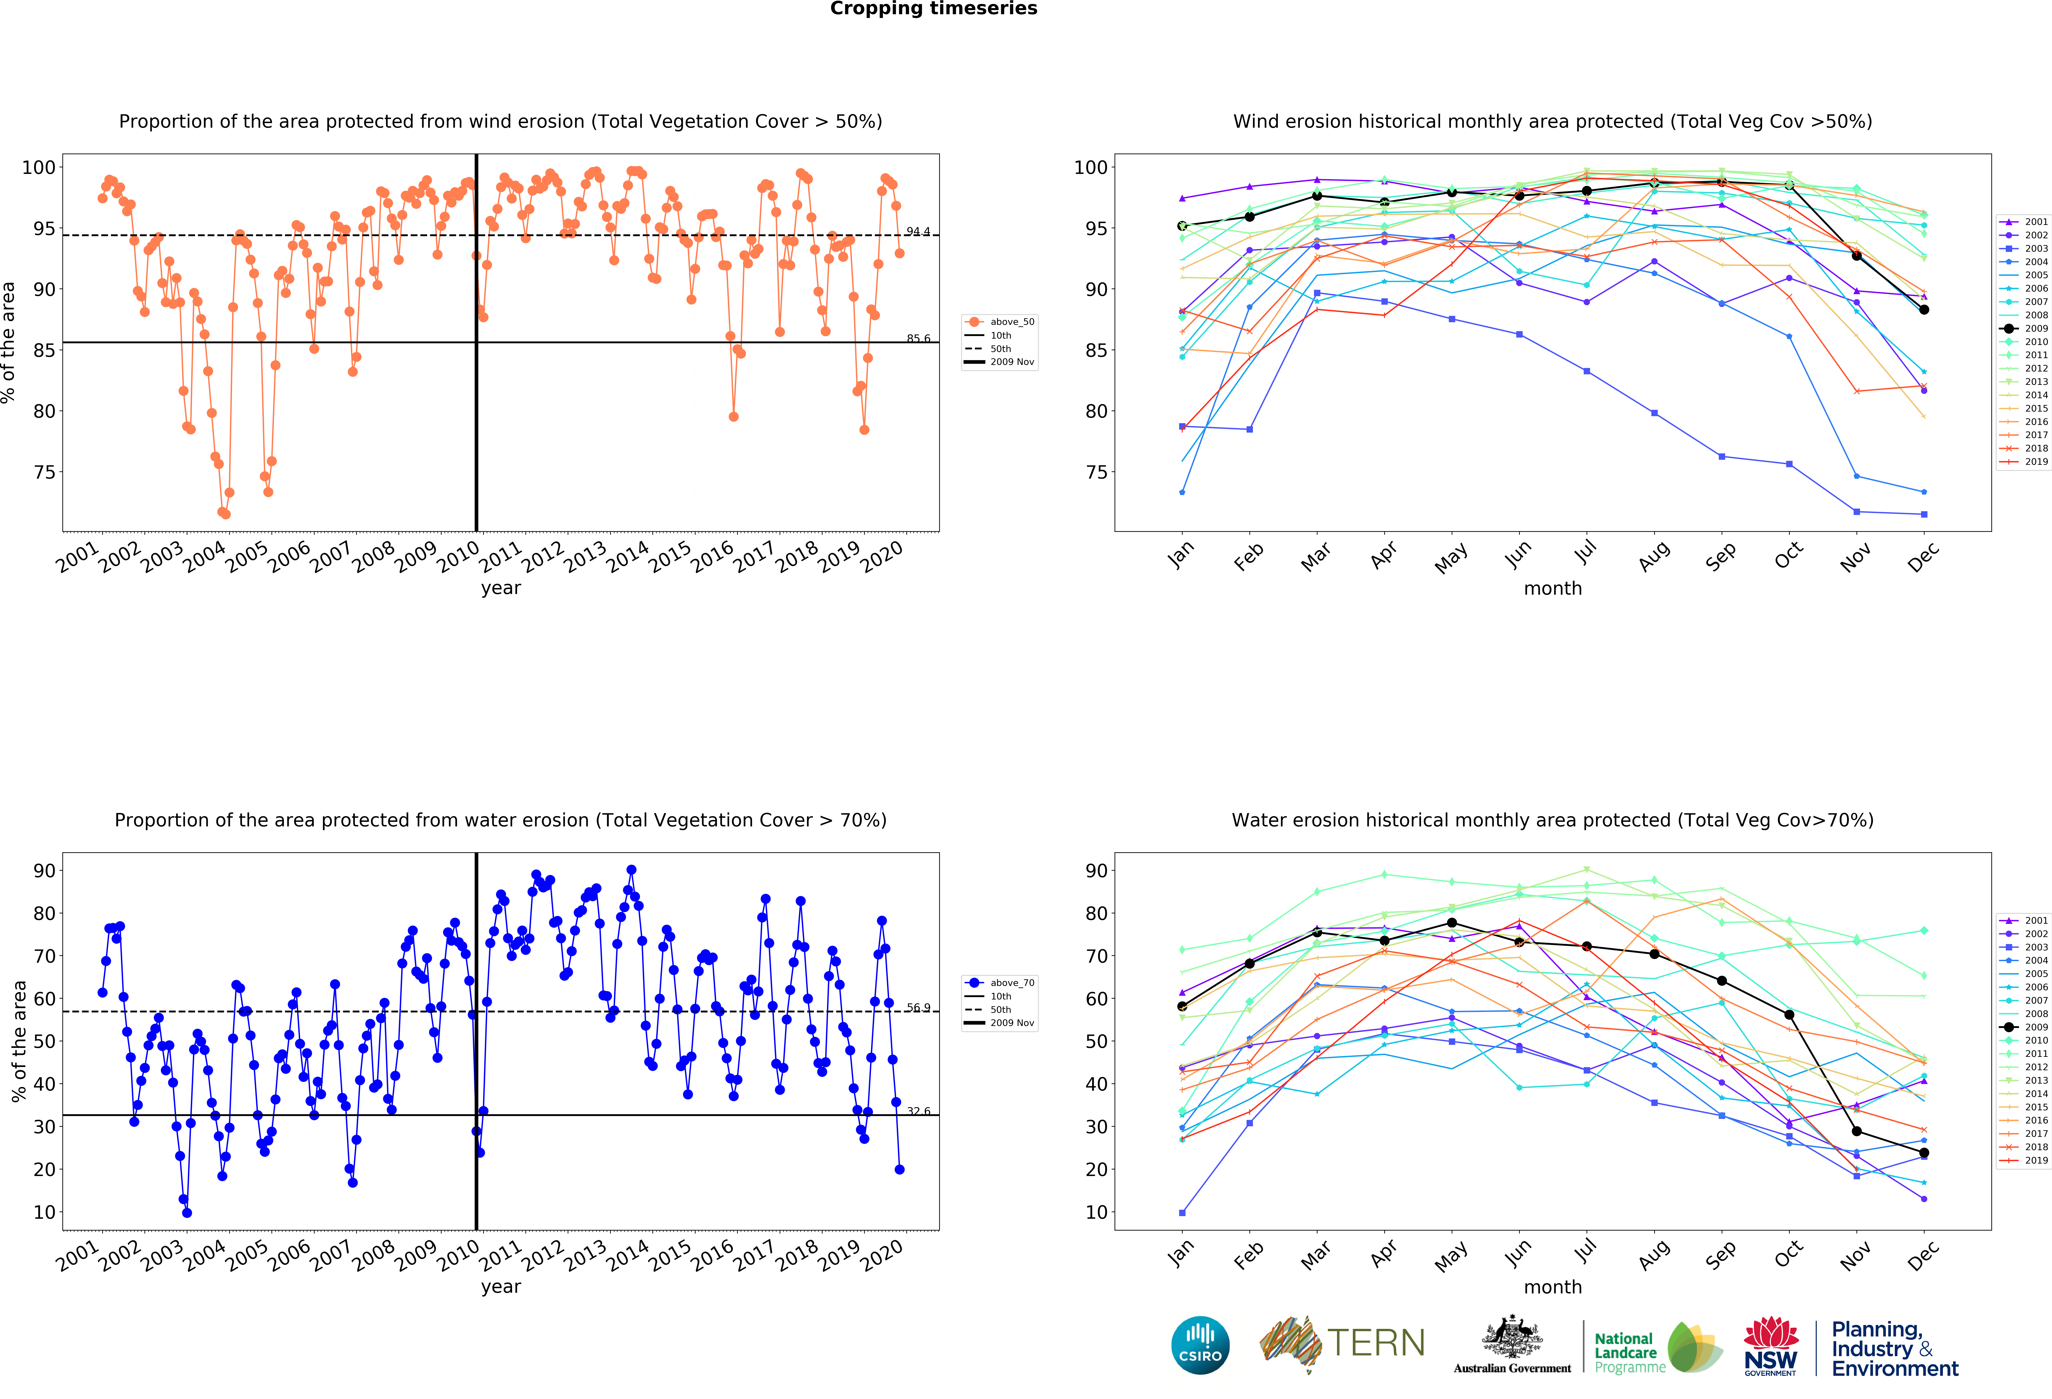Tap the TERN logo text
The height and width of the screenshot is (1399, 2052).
pyautogui.click(x=1376, y=1343)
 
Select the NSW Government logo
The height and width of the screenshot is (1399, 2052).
pyautogui.click(x=1770, y=1346)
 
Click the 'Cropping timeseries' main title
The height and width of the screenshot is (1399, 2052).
pyautogui.click(x=933, y=9)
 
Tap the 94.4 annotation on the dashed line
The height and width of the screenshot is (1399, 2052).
pyautogui.click(x=918, y=231)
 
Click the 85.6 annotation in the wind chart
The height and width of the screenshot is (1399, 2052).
pyautogui.click(x=918, y=338)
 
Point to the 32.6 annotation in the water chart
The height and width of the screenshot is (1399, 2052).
pyautogui.click(x=918, y=1111)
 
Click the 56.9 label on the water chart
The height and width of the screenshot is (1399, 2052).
pyautogui.click(x=918, y=1008)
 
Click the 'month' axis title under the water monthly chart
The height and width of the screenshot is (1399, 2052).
pyautogui.click(x=1552, y=1287)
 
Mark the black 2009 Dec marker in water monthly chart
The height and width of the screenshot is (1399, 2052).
pyautogui.click(x=1924, y=1153)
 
